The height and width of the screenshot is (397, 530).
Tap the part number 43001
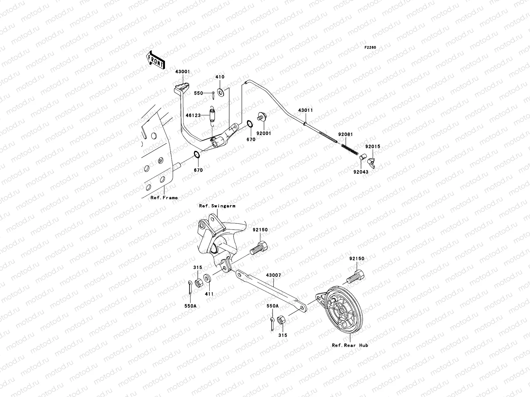[183, 71]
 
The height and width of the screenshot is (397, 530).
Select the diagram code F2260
[370, 48]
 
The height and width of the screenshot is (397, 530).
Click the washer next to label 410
[221, 91]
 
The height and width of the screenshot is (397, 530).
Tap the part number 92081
[345, 134]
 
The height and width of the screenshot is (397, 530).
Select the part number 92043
[360, 172]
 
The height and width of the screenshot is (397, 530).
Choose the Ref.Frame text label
[164, 198]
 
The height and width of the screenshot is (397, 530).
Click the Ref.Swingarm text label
[217, 206]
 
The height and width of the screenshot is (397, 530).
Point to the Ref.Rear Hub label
[350, 345]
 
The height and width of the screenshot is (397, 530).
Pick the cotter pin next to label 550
[213, 95]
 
